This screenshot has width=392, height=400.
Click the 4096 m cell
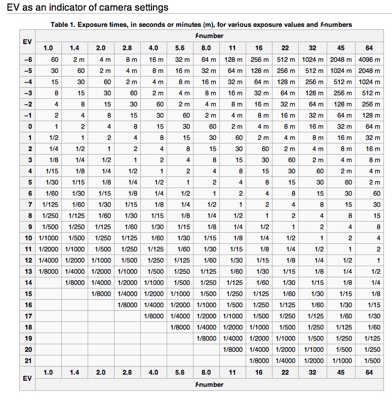369,60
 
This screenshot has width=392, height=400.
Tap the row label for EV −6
27,60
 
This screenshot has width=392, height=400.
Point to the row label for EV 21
28,360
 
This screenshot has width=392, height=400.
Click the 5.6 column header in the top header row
180,48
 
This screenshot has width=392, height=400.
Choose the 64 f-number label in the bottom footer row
369,372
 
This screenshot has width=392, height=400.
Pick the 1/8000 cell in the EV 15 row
101,294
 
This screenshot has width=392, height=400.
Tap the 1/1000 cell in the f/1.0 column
49,238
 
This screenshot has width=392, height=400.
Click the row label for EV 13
28,271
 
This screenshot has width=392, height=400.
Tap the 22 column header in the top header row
285,48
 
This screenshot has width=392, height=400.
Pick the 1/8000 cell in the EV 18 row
180,327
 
